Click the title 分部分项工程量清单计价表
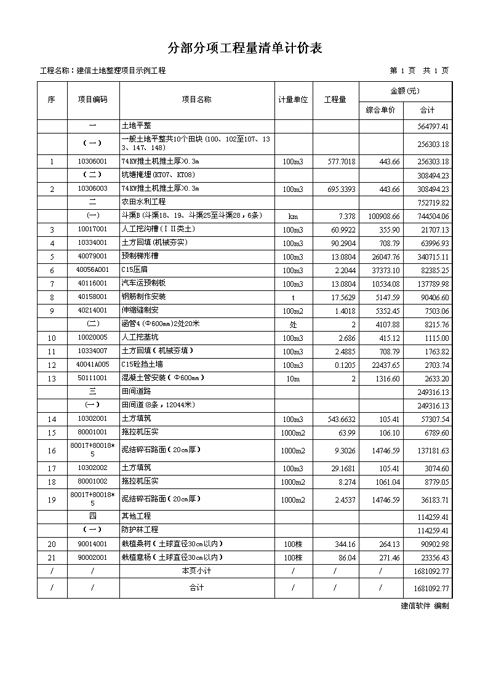[245, 49]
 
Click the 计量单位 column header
[293, 100]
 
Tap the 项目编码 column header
[92, 100]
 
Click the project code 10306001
[92, 162]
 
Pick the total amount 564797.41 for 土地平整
[434, 127]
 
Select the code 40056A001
[92, 270]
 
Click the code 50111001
[92, 378]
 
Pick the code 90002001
[92, 558]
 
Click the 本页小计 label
[196, 572]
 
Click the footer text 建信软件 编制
[425, 606]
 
